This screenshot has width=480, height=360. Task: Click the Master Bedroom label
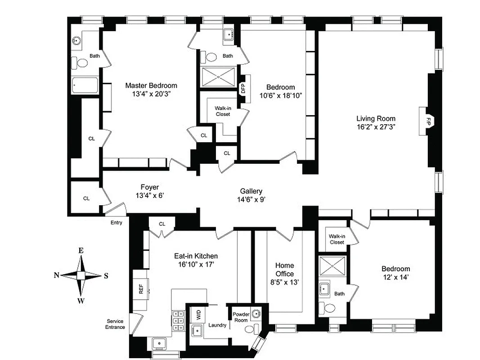tap(151, 85)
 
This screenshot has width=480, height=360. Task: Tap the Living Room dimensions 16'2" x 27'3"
tap(376, 127)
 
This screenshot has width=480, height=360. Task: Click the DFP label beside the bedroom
tap(243, 87)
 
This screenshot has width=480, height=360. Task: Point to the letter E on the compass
tap(81, 251)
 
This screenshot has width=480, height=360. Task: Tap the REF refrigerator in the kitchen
tap(141, 288)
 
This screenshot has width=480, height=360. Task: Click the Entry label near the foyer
tap(116, 222)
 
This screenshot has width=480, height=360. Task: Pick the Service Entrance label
tap(116, 324)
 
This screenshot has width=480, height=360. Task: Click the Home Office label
tap(284, 270)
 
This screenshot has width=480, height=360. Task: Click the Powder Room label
tap(241, 317)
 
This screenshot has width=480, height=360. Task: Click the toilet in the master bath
tap(81, 63)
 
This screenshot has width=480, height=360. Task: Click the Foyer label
tap(150, 187)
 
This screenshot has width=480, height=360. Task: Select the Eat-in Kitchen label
tap(196, 256)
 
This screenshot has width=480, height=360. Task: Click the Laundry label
tap(217, 325)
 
